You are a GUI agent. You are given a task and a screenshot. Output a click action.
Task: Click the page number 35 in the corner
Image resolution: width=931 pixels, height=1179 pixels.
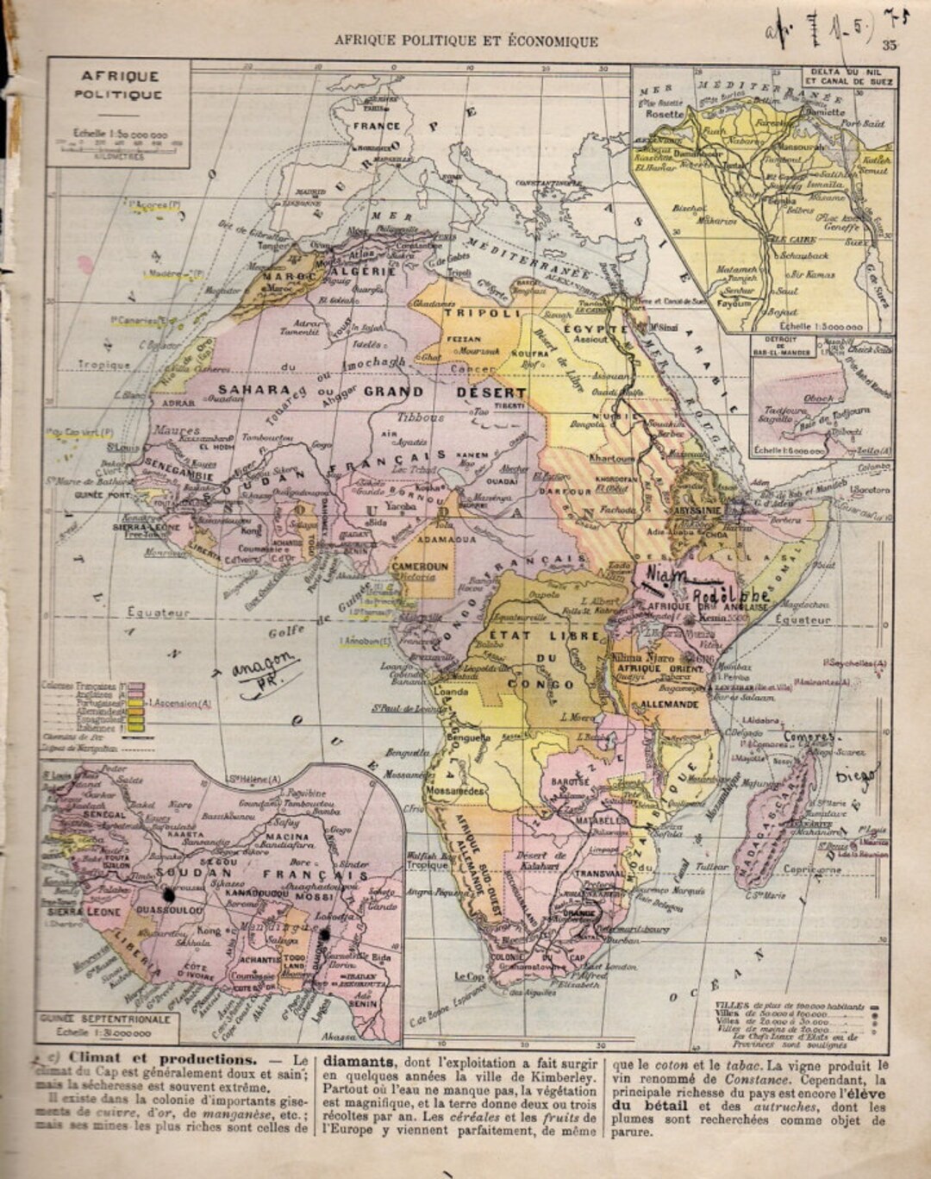coord(889,46)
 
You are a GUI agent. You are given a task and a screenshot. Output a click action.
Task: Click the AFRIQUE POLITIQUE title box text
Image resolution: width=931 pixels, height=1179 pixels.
coord(118,85)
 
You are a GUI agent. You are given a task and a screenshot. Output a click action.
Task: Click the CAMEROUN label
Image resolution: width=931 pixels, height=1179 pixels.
coord(419,567)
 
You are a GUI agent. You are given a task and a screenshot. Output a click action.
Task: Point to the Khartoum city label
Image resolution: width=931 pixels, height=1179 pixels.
coord(613,458)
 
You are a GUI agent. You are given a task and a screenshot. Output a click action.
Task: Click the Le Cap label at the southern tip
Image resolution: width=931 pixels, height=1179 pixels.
coord(468,976)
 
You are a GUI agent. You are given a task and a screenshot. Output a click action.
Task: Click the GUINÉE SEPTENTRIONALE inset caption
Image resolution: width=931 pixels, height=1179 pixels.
coord(107,1019)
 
